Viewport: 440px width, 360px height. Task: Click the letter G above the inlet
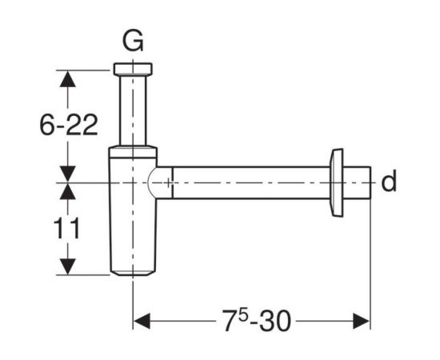tap(133, 42)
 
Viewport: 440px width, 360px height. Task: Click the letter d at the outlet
tap(389, 182)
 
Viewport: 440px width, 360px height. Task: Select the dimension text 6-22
tap(69, 125)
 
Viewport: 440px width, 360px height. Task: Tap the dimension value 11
tap(66, 229)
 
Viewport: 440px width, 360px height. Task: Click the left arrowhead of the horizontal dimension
tap(142, 321)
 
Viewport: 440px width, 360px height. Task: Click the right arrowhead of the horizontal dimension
tap(362, 321)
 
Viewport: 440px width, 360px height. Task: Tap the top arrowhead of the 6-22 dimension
tap(68, 79)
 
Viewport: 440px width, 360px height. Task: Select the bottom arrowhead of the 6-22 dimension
tap(68, 174)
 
